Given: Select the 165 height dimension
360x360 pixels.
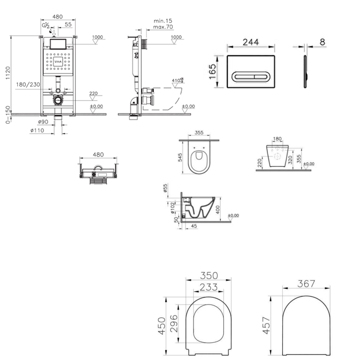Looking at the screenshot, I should point(213,71).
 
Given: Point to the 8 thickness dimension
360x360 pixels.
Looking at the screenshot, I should point(322,42).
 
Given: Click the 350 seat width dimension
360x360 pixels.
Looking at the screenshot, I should point(209,276).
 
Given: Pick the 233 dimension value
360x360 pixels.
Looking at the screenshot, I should point(209,287).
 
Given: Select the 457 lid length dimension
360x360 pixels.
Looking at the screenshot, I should point(267,325).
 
